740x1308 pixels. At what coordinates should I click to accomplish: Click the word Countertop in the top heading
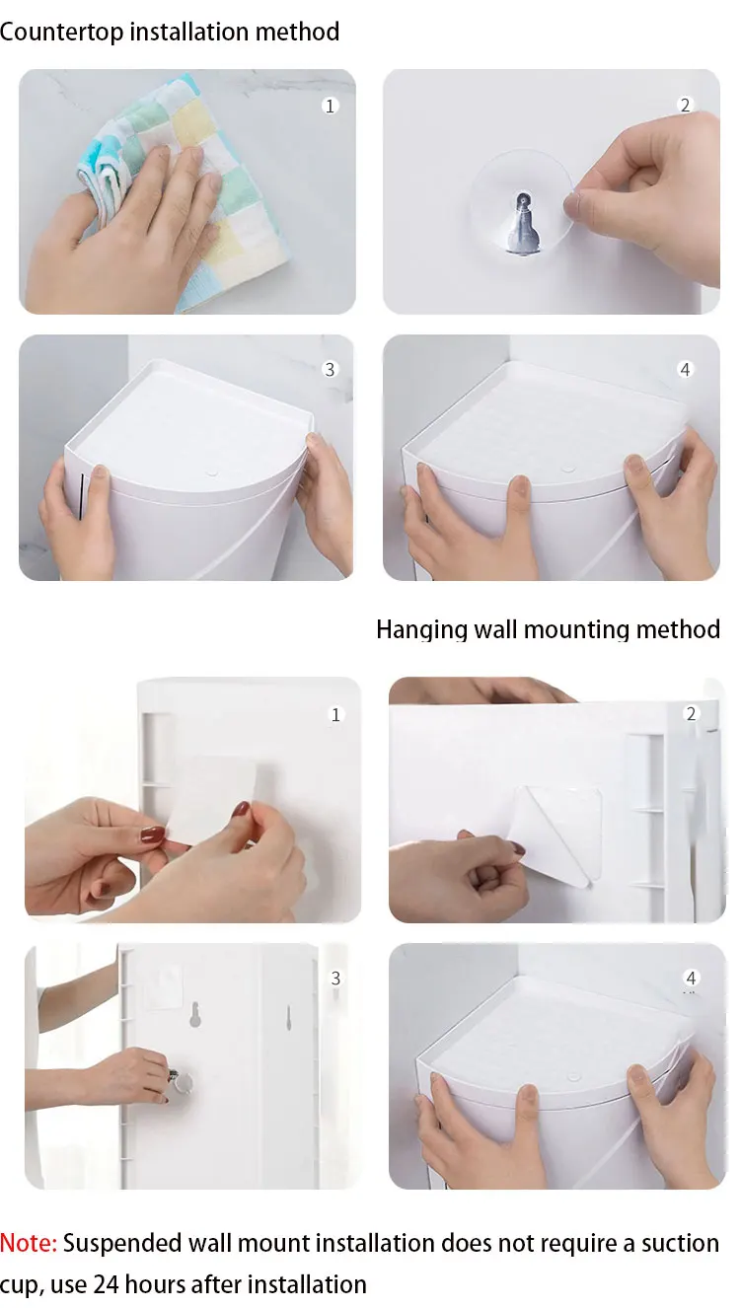[x=61, y=33]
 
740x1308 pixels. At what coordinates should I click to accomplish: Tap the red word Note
[x=28, y=1243]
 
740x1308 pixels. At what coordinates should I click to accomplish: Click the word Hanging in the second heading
[x=421, y=630]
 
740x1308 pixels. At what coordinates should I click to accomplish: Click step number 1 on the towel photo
[x=330, y=106]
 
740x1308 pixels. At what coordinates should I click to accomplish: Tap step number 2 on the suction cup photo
[x=685, y=106]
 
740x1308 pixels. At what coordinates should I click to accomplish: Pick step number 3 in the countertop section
[x=330, y=369]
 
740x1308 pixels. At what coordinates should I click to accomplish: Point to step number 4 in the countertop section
[x=685, y=369]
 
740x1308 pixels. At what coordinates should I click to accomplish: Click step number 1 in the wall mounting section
[x=335, y=715]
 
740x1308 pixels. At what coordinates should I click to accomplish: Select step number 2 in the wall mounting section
[x=691, y=713]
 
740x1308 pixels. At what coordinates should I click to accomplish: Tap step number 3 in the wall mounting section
[x=335, y=979]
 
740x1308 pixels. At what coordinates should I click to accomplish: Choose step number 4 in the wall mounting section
[x=691, y=978]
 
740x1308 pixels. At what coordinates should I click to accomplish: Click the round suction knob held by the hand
[x=183, y=1082]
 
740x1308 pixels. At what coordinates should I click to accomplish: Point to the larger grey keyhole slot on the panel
[x=195, y=1015]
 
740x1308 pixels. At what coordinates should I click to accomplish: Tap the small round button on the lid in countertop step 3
[x=213, y=472]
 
